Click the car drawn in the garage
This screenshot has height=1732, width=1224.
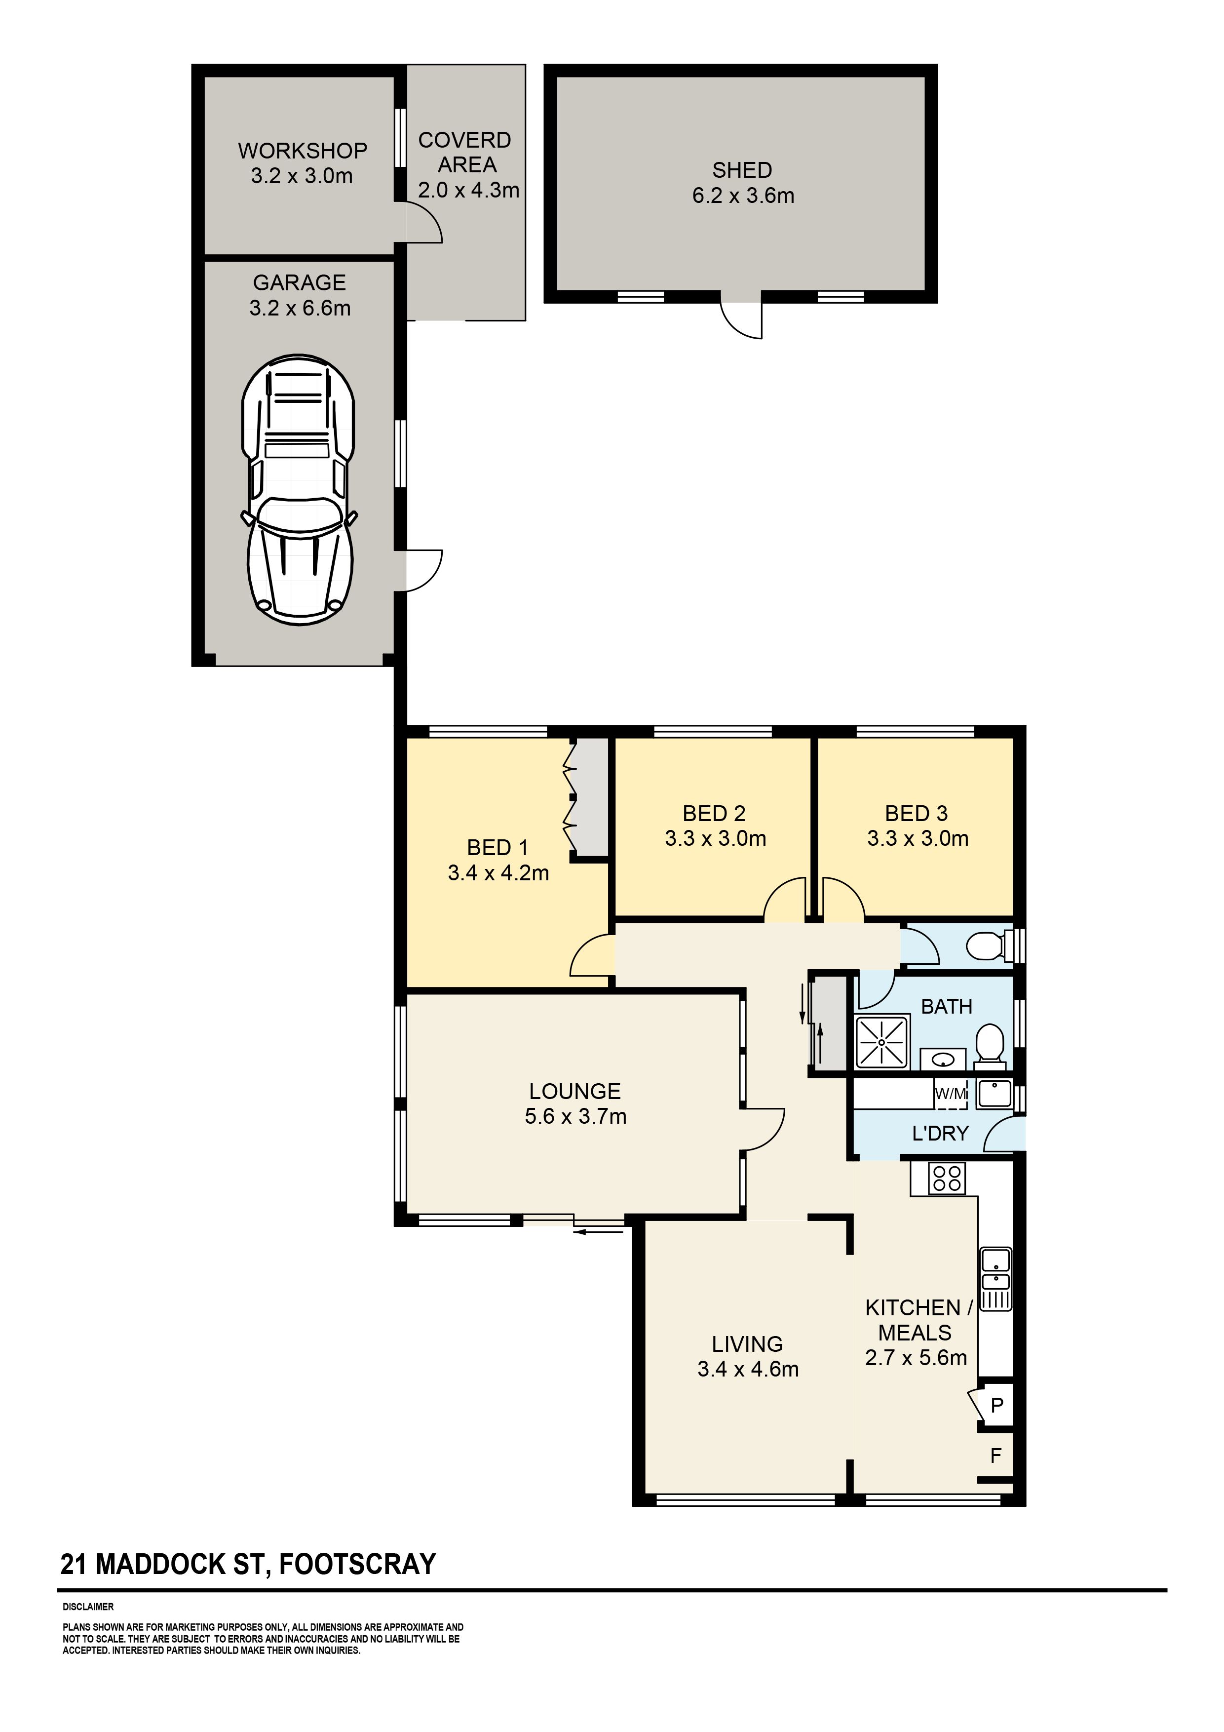(x=299, y=489)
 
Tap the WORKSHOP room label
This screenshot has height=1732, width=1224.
(x=303, y=151)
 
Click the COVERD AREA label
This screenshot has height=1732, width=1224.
(x=465, y=153)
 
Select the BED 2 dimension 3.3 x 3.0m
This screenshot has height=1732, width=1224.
(x=715, y=839)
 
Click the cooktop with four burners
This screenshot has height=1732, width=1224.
(x=947, y=1179)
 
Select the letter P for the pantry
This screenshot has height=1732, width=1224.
(x=997, y=1405)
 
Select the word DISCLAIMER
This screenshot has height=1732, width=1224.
(x=88, y=1607)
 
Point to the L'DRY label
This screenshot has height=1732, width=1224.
(x=940, y=1133)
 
